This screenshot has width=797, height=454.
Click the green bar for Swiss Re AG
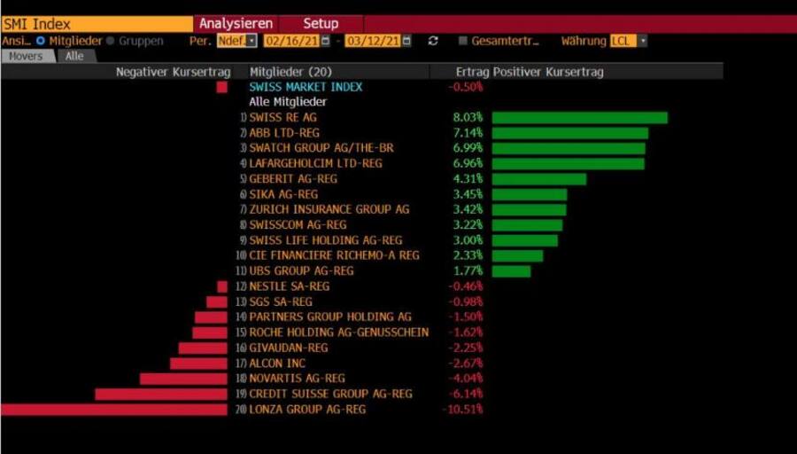[x=579, y=118]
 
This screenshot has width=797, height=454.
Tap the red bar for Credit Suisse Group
[x=160, y=394]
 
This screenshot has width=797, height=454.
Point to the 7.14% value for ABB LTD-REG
[x=468, y=133]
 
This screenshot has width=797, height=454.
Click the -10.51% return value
[x=462, y=410]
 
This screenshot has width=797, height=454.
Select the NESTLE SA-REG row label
[x=289, y=286]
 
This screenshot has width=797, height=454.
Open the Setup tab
[x=321, y=24]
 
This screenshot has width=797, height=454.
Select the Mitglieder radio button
[x=41, y=41]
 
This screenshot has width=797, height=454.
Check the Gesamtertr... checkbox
[x=462, y=41]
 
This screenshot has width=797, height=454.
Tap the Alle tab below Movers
[x=74, y=56]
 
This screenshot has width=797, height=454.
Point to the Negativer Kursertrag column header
[x=173, y=72]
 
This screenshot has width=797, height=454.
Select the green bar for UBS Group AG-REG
[x=511, y=271]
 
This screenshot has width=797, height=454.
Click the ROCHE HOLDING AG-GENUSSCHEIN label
[x=338, y=333]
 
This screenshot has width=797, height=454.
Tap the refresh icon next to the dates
[x=433, y=41]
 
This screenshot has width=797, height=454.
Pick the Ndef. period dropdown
[x=236, y=41]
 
